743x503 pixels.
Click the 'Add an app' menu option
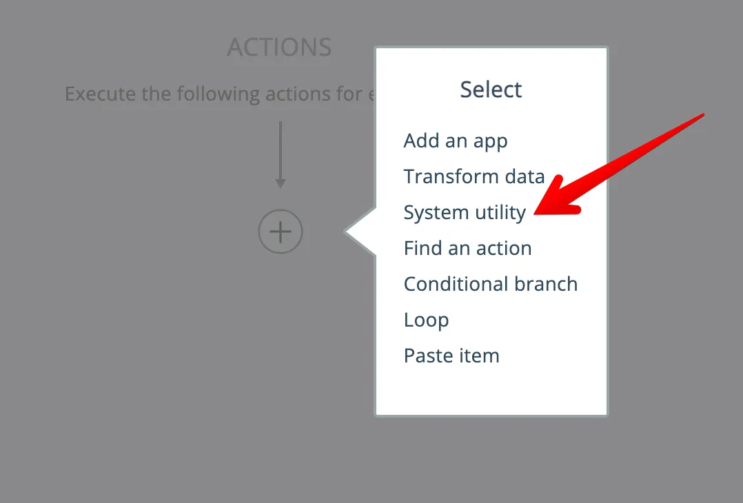[456, 141]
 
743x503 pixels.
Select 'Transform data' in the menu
[474, 176]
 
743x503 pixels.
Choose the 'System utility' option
[465, 213]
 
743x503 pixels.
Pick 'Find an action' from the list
[468, 248]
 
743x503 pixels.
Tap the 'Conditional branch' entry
[491, 284]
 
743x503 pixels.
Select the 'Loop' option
[426, 320]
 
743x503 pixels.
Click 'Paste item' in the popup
[451, 356]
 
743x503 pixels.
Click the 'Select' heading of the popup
[491, 90]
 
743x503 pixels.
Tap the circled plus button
[281, 232]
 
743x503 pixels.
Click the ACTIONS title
[280, 48]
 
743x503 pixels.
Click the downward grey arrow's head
[281, 183]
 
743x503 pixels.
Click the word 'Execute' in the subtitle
[99, 94]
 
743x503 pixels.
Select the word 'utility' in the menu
[500, 213]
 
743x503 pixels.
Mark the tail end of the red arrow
[704, 114]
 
